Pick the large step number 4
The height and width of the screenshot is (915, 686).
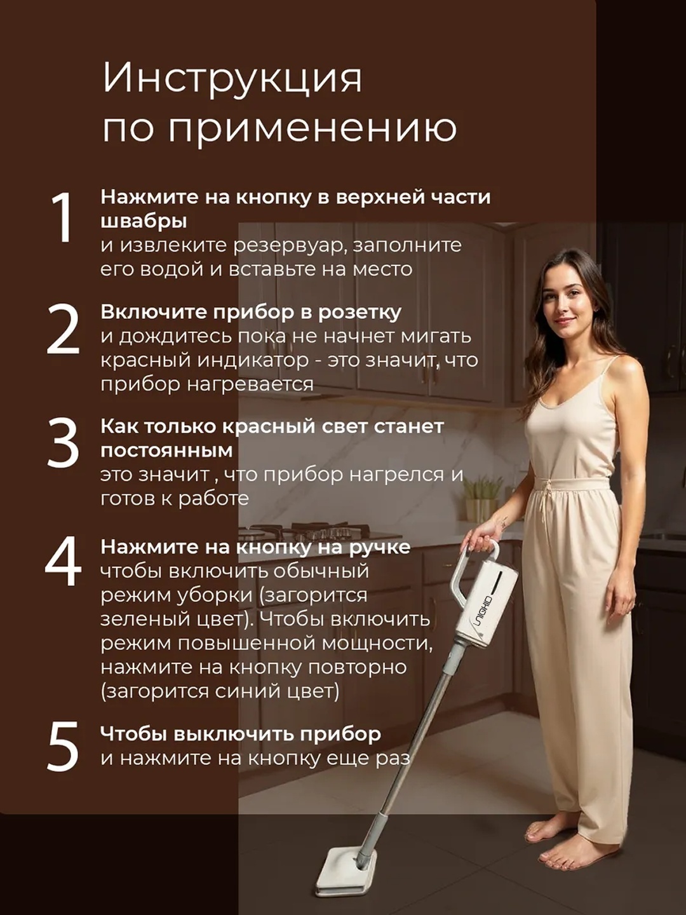pyautogui.click(x=63, y=560)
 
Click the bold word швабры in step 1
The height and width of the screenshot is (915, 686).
pyautogui.click(x=144, y=222)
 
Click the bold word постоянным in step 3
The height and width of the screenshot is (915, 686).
pyautogui.click(x=166, y=451)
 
